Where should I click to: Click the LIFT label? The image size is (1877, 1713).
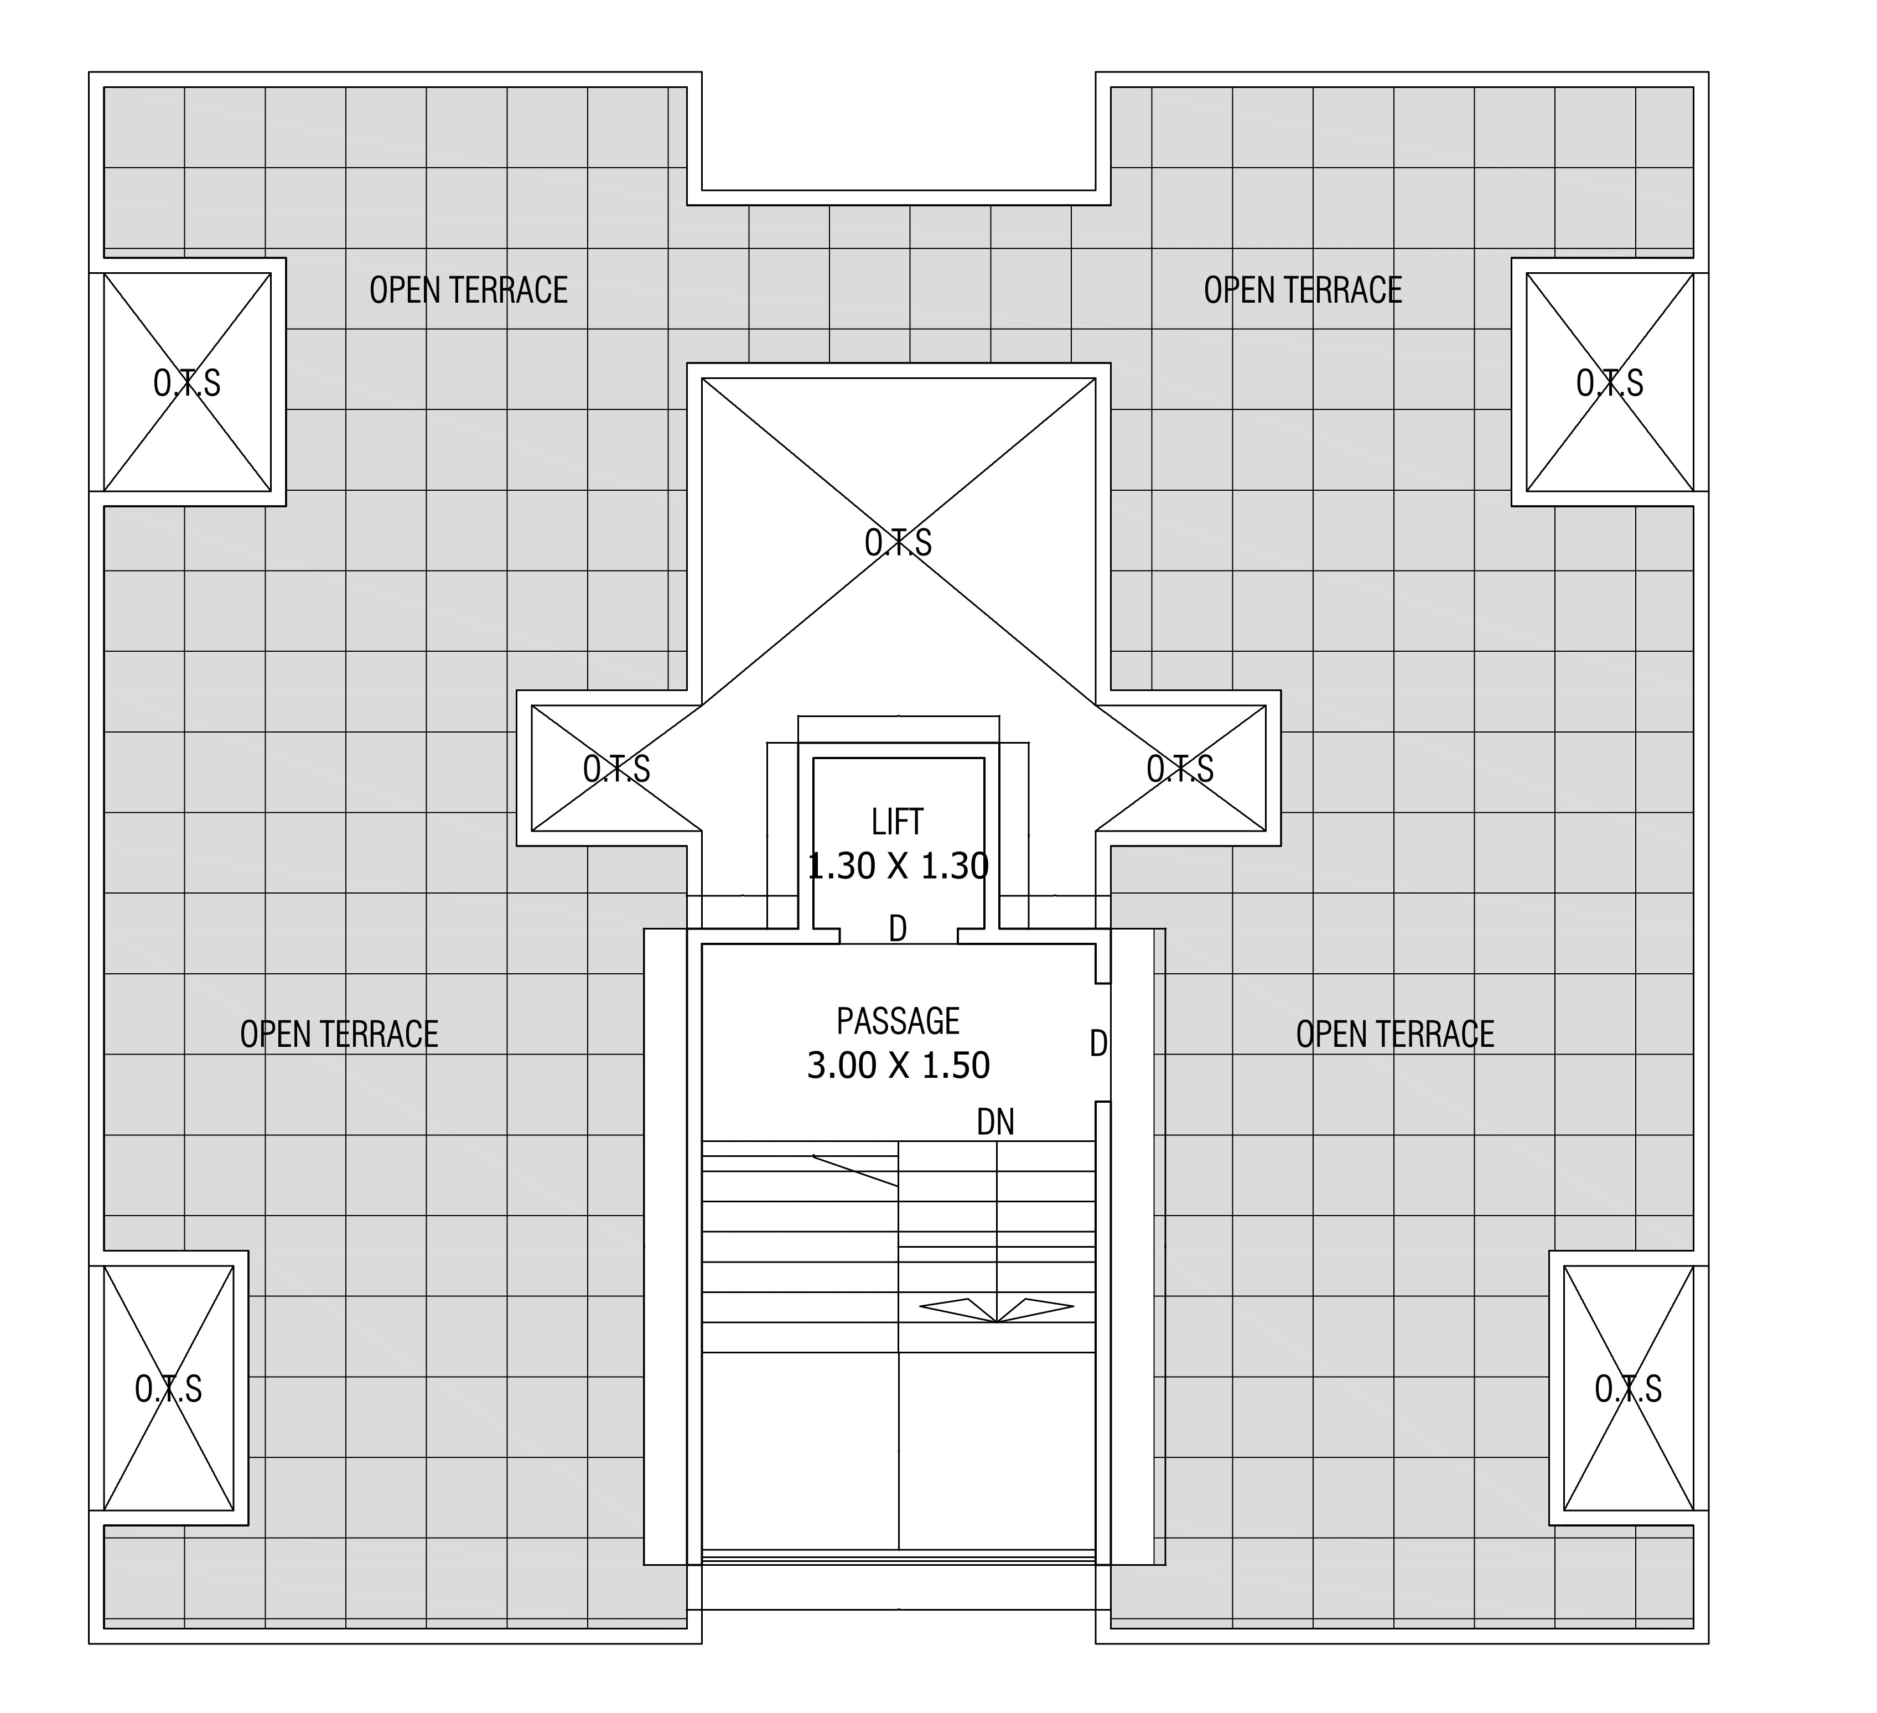tap(898, 822)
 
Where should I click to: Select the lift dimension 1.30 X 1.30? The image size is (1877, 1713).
tap(898, 867)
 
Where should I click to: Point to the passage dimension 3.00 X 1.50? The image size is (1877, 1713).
tap(898, 1065)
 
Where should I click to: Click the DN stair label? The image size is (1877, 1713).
tap(995, 1122)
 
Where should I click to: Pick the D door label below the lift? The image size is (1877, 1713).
tap(898, 928)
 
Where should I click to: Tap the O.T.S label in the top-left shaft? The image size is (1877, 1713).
tap(187, 383)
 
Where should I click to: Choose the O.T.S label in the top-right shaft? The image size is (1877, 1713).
tap(1610, 383)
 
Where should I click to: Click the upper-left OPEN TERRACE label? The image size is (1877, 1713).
tap(468, 290)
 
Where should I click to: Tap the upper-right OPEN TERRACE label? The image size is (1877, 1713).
tap(1303, 290)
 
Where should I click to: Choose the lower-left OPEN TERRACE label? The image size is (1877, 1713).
tap(339, 1034)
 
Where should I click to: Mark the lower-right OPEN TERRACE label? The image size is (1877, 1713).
tap(1394, 1034)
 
